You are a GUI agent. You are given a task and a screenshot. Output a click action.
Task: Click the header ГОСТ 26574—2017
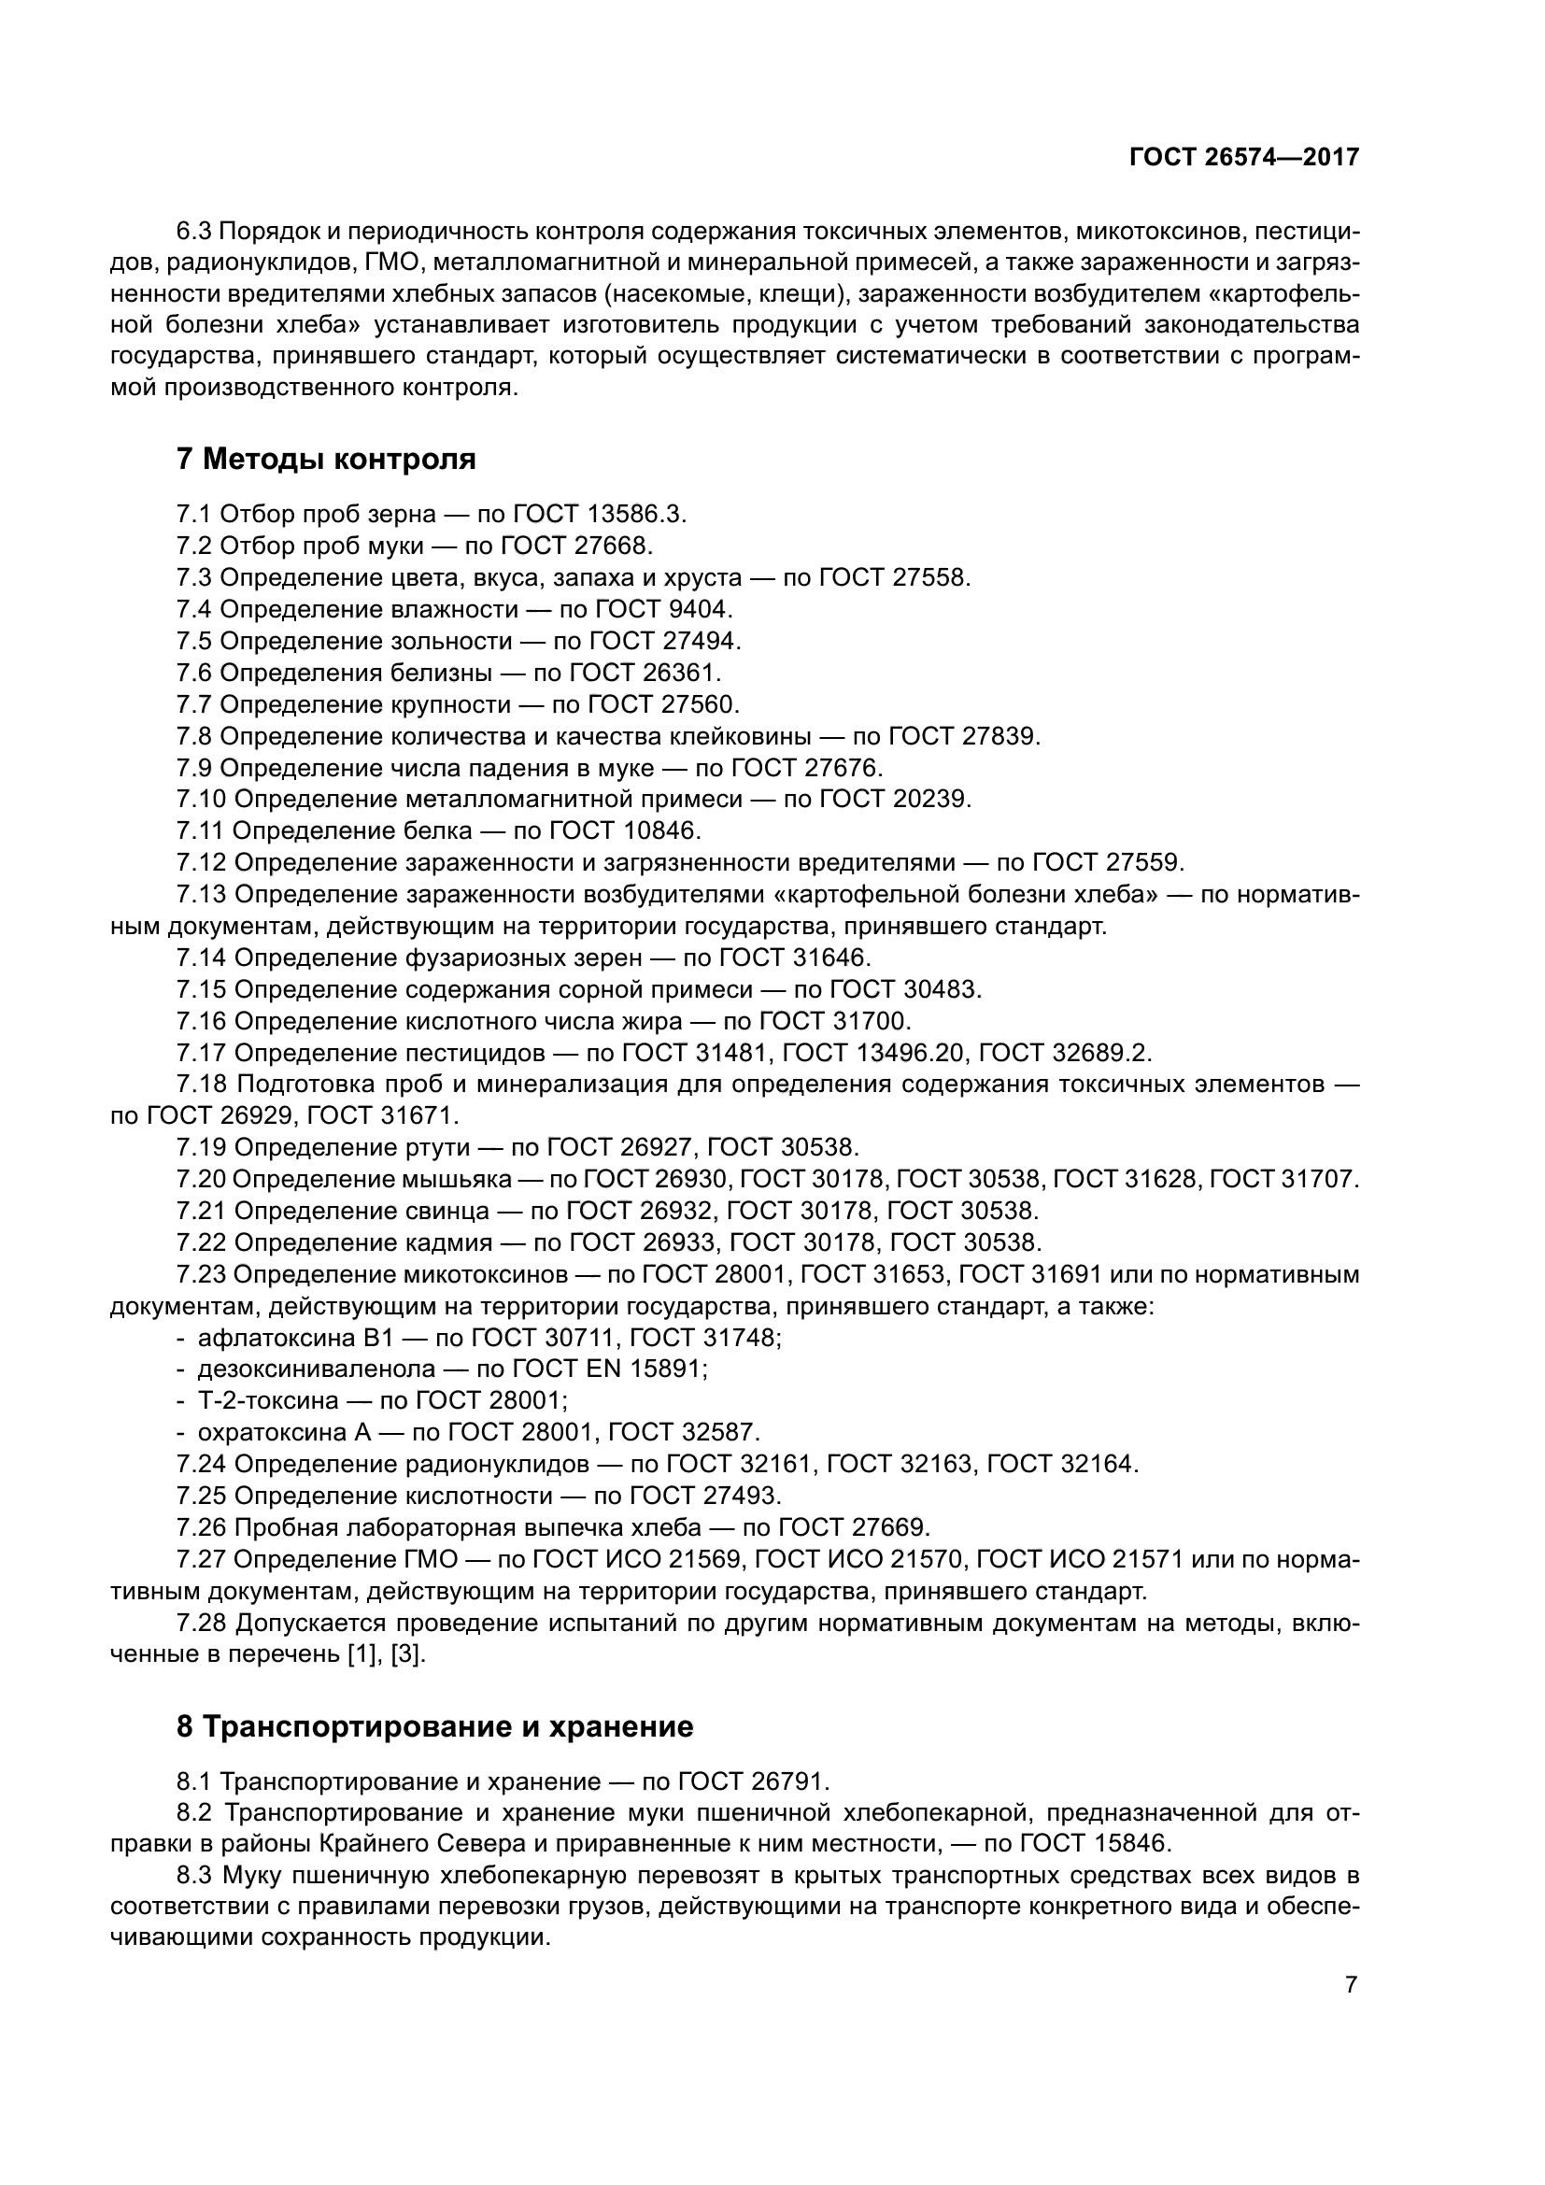pyautogui.click(x=1244, y=158)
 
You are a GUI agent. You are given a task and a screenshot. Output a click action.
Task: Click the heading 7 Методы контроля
pyautogui.click(x=326, y=460)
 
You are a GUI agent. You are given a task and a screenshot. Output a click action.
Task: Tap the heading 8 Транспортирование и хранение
pyautogui.click(x=434, y=1726)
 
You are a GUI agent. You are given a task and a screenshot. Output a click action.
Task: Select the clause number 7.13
pyautogui.click(x=201, y=895)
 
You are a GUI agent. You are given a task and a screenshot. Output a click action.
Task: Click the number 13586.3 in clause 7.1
pyautogui.click(x=635, y=515)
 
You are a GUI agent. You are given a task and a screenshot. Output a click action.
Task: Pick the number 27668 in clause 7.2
pyautogui.click(x=613, y=546)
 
